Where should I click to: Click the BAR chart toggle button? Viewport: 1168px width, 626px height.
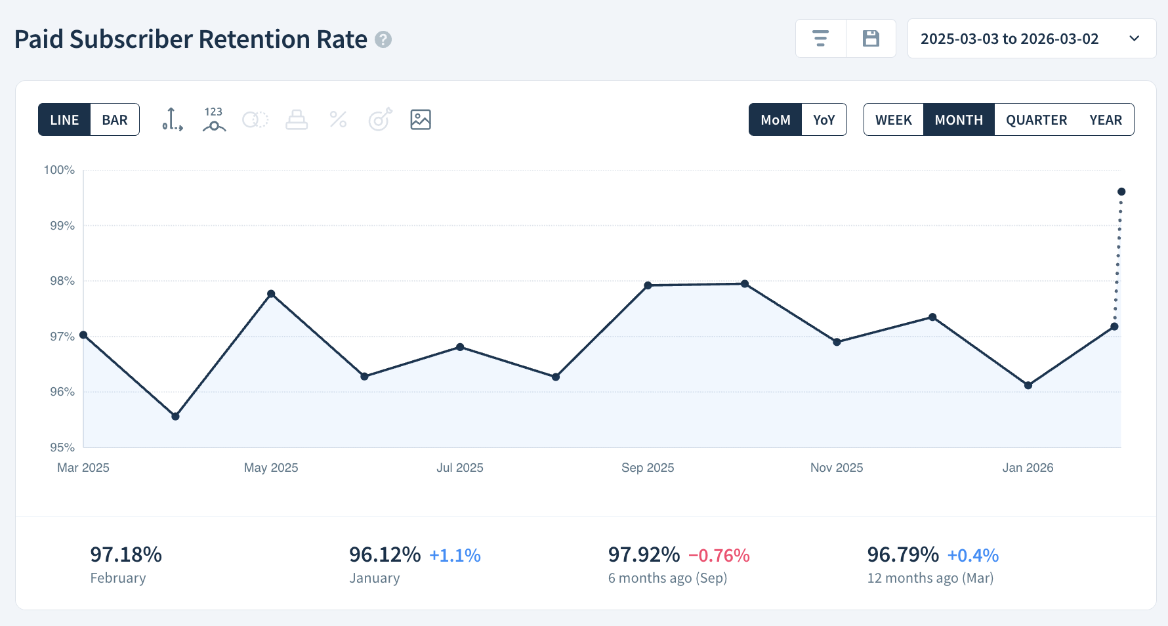(115, 119)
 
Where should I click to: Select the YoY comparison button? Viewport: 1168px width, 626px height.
(824, 119)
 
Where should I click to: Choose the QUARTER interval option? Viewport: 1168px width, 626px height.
(1036, 119)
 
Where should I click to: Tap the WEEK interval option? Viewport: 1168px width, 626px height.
(893, 119)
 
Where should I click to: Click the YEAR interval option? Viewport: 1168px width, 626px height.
(1105, 119)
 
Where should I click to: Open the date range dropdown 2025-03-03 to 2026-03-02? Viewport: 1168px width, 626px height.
(1031, 39)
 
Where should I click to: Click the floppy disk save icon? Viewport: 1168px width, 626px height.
(871, 39)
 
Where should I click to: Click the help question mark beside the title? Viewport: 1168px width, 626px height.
(383, 40)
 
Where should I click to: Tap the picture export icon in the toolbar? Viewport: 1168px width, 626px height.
(421, 119)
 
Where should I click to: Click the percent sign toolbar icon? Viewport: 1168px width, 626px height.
(338, 119)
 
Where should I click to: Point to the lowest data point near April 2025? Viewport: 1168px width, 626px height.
(175, 416)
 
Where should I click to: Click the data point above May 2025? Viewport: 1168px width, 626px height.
(271, 293)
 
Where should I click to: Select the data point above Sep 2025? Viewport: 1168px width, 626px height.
(648, 285)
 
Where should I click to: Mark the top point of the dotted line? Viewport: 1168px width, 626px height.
(1121, 192)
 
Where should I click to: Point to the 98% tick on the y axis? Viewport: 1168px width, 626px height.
(62, 281)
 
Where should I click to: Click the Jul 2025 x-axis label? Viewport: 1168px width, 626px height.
(459, 467)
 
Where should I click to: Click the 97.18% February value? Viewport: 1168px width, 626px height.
(126, 554)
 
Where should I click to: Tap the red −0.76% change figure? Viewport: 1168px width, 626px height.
(719, 556)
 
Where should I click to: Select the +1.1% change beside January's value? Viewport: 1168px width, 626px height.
(455, 556)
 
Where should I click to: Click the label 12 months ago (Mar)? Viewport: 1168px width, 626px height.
(930, 578)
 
